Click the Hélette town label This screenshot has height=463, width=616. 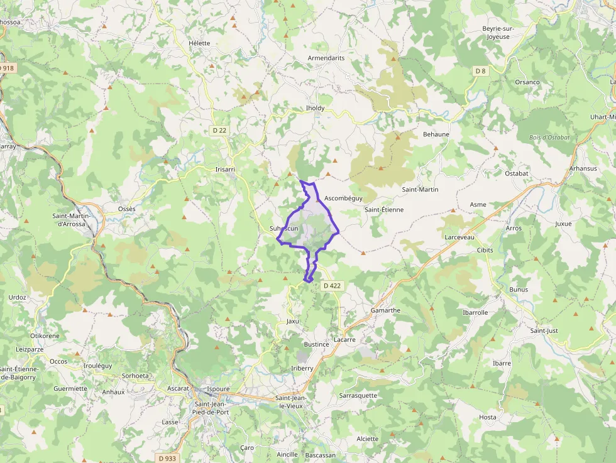point(199,43)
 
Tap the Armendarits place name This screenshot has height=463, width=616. point(326,58)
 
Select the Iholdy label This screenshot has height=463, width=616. point(315,108)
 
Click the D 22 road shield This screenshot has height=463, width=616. point(219,130)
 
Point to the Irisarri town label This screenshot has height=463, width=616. point(225,170)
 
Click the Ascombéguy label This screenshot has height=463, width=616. point(344,198)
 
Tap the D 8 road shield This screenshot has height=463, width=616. point(480,71)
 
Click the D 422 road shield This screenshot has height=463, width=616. point(332,286)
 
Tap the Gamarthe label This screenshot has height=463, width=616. point(385,310)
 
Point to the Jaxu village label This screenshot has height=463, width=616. point(293,321)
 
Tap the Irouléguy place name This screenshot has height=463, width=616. point(97,365)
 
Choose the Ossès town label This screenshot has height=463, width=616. point(126,209)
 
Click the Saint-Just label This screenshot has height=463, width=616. point(544,330)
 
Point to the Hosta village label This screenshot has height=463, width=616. point(487,417)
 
